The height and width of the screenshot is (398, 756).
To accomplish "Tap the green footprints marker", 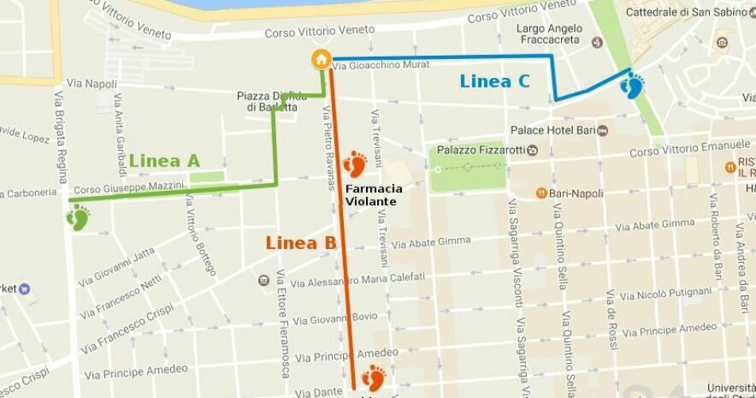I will [78, 217].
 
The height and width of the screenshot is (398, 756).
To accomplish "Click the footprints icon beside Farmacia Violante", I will [354, 166].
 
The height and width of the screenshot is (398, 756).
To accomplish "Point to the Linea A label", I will [164, 161].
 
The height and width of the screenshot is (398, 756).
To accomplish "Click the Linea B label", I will [301, 244].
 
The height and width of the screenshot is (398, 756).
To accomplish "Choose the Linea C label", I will [494, 80].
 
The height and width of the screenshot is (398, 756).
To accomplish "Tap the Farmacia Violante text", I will [373, 195].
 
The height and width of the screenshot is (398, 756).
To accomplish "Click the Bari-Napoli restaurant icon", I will [542, 193].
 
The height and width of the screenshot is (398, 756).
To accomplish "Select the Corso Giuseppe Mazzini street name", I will [128, 188].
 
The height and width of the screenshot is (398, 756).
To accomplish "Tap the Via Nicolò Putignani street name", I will [666, 295].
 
